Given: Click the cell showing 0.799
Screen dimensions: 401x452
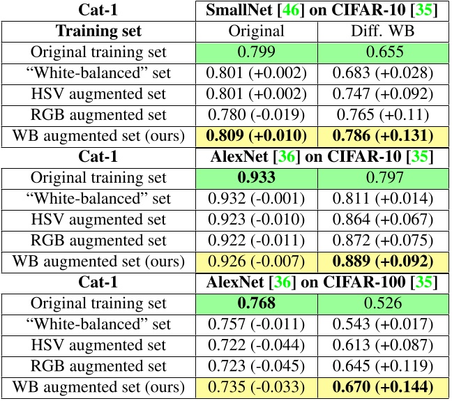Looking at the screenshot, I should [x=257, y=52].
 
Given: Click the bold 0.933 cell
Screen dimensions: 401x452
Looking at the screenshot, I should [x=257, y=177].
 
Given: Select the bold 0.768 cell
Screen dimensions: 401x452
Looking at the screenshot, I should [x=257, y=303].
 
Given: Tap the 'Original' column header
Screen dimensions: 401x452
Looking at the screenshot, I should [x=257, y=31].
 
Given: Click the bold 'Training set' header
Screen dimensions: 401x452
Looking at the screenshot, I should [x=98, y=31].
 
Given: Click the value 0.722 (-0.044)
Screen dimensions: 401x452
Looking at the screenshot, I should [x=257, y=345].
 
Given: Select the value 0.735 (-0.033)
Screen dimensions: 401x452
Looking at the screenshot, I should [x=257, y=387].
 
